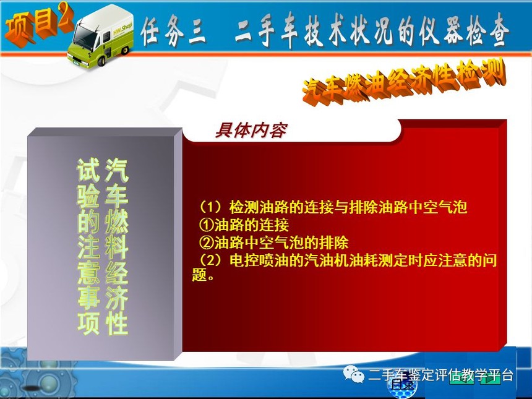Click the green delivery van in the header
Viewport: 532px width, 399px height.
click(100, 36)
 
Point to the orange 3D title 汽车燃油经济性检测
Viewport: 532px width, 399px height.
click(404, 81)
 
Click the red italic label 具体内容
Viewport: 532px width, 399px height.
click(251, 130)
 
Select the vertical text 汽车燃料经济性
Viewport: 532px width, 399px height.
click(116, 246)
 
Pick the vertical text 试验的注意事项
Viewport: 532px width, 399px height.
click(88, 246)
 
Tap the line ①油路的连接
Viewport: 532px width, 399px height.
click(244, 225)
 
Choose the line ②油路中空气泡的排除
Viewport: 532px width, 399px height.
click(273, 242)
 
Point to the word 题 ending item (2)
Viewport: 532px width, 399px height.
click(199, 275)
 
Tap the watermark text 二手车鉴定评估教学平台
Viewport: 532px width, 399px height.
click(440, 375)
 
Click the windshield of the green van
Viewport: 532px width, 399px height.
click(83, 37)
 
